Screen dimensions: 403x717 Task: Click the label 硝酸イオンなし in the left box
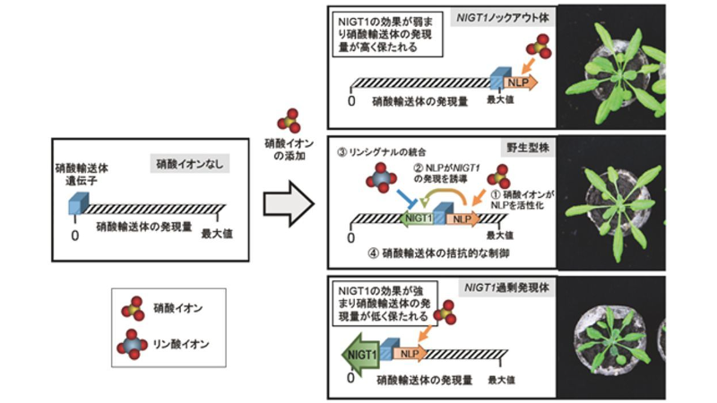coord(189,163)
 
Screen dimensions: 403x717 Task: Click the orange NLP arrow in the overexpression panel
coord(410,353)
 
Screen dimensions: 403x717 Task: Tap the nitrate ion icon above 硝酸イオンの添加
coord(287,119)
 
